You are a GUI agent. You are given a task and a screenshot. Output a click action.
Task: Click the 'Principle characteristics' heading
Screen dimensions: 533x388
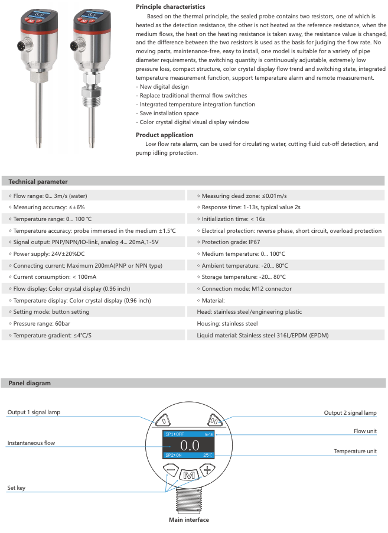(x=170, y=6)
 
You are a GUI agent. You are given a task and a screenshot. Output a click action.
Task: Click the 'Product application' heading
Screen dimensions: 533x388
(x=164, y=135)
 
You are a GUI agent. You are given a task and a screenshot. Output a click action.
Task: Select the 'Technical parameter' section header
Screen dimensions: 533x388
(x=38, y=181)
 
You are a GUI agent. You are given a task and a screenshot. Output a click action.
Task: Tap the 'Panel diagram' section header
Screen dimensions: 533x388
(x=30, y=383)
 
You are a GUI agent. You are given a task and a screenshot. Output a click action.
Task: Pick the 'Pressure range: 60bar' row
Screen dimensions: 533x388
(x=38, y=324)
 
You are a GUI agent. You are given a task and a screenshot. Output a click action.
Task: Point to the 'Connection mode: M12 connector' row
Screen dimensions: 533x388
(x=246, y=289)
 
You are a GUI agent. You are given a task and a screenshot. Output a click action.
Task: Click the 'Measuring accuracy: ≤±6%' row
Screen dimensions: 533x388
(x=47, y=207)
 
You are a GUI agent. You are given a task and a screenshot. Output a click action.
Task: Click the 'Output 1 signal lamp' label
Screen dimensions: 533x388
(x=34, y=412)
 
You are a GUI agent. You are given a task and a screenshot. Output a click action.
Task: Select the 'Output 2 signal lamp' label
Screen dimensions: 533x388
(x=350, y=413)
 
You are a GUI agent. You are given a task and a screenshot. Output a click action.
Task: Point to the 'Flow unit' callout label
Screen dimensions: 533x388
(x=365, y=431)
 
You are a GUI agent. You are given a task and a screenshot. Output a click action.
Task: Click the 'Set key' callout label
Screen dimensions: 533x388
(x=16, y=488)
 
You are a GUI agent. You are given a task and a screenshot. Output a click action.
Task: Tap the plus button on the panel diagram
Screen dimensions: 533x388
(x=207, y=471)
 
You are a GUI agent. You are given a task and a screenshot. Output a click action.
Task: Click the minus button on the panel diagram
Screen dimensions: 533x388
(x=171, y=471)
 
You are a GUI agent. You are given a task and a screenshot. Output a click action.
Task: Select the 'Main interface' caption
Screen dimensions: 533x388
(x=189, y=520)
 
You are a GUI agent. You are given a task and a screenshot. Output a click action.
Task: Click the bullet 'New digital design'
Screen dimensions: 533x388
(x=163, y=87)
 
